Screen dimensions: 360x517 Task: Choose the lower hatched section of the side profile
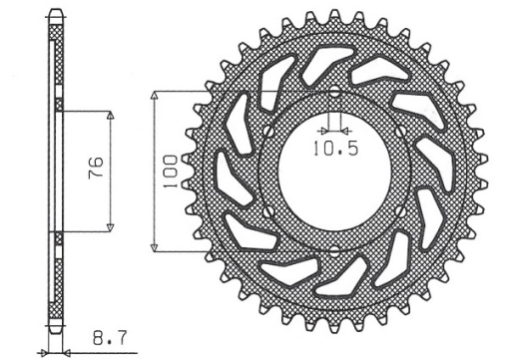[x=55, y=279]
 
